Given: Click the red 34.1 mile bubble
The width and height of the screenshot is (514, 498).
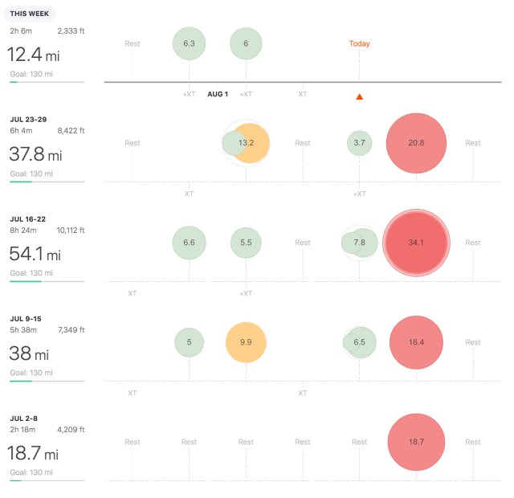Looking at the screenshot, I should (416, 243).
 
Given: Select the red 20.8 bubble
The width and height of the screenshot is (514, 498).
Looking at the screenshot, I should (416, 143).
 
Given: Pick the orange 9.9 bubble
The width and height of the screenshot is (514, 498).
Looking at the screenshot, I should (246, 342).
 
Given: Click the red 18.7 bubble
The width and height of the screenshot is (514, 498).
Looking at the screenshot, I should (416, 442).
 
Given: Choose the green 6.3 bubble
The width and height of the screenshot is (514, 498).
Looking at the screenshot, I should (190, 43).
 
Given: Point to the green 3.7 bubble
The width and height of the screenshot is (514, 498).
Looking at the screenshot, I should (360, 143).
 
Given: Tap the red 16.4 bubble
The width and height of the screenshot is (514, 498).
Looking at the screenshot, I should (416, 342).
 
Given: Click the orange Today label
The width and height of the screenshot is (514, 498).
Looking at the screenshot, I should (360, 43).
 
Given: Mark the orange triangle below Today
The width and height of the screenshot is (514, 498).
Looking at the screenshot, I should (360, 97).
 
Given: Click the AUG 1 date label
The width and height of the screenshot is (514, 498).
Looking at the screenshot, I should (218, 94).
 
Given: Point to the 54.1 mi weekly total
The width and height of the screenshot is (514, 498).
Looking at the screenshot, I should (34, 255).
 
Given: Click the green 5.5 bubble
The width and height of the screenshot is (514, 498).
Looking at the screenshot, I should (246, 243).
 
